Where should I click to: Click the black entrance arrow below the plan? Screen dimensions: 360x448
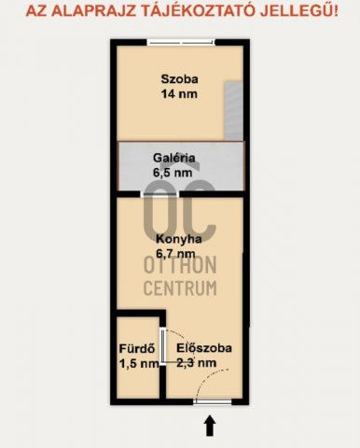[x=210, y=426]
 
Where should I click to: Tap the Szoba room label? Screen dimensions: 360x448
[x=179, y=79]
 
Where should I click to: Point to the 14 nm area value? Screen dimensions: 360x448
[x=179, y=94]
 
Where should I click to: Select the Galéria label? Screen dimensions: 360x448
[x=174, y=158]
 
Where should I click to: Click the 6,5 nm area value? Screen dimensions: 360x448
[x=173, y=173]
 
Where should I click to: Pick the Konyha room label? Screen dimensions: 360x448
[x=179, y=239]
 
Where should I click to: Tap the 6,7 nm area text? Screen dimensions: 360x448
[x=175, y=254]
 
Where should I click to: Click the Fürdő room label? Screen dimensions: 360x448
[x=137, y=348]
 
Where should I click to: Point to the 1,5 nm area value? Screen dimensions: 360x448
[x=139, y=363]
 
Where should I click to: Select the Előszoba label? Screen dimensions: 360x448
[x=204, y=348]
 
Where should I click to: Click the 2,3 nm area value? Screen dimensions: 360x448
[x=197, y=363]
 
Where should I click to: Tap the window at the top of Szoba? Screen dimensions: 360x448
[x=181, y=42]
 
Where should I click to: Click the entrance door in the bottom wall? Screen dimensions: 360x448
[x=213, y=401]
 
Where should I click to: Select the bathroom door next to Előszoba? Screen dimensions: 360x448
[x=162, y=346]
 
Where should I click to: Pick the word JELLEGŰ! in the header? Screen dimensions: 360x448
[x=299, y=11]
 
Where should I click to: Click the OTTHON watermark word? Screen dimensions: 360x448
[x=180, y=265]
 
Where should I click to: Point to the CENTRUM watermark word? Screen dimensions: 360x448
[x=180, y=287]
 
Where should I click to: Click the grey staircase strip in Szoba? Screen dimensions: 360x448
[x=233, y=111]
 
